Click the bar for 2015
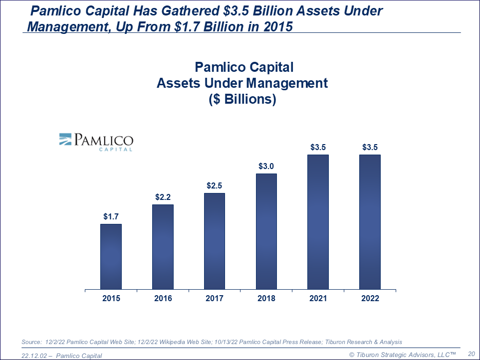111,256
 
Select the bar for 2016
163,247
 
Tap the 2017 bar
215,241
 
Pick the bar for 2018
266,231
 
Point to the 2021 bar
318,222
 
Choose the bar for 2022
370,222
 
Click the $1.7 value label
111,217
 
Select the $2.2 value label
163,197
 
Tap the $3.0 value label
266,167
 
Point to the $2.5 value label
215,186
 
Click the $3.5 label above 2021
318,148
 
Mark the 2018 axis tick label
266,298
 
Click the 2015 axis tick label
111,298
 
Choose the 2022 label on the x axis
370,298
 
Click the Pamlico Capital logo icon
66,139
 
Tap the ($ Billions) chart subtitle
242,99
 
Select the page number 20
471,353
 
